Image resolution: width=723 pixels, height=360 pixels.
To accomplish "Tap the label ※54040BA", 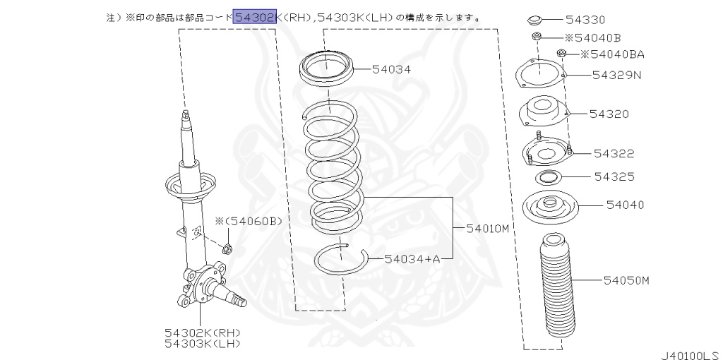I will tap(611, 54).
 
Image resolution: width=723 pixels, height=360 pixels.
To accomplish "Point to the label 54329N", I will tap(616, 74).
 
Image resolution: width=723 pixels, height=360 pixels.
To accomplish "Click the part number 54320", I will tap(609, 114).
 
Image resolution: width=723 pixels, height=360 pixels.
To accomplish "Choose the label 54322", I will tap(614, 153).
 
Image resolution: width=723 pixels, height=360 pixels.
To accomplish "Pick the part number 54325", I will tap(614, 176).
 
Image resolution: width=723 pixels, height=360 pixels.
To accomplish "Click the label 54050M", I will tap(626, 280).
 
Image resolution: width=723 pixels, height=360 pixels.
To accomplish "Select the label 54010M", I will tap(488, 228).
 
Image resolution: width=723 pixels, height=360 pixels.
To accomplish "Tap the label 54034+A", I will tap(412, 259).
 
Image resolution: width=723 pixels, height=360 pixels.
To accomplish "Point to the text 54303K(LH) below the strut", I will tap(203, 343).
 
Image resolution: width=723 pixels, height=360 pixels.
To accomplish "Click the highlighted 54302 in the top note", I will tap(254, 16).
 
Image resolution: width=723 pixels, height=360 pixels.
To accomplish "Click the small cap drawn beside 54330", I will tap(537, 19).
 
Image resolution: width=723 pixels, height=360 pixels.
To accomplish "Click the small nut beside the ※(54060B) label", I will tap(227, 248).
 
